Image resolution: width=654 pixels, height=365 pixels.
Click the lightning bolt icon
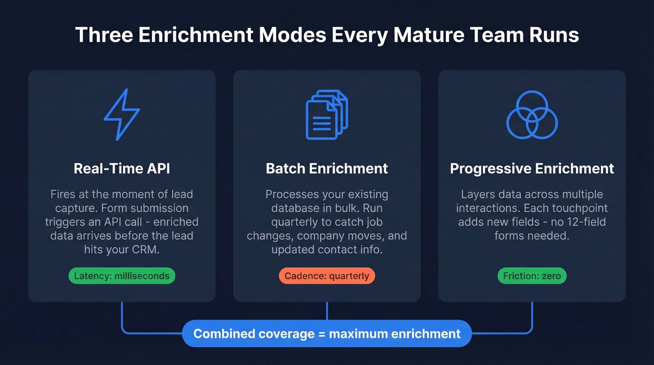pos(121,115)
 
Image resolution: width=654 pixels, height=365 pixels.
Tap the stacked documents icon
pos(327,115)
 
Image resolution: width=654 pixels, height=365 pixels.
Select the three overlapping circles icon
pos(532,115)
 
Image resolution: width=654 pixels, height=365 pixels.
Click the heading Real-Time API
pos(122,169)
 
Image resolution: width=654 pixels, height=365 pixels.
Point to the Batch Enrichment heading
pos(327,169)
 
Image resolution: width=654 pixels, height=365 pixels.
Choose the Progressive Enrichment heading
pos(532,169)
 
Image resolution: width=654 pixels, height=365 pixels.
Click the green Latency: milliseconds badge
pos(122,276)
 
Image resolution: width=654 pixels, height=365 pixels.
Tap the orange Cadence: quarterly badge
pos(327,276)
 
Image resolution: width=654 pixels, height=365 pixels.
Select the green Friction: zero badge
pos(532,276)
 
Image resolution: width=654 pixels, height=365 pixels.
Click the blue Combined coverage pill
pos(327,334)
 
